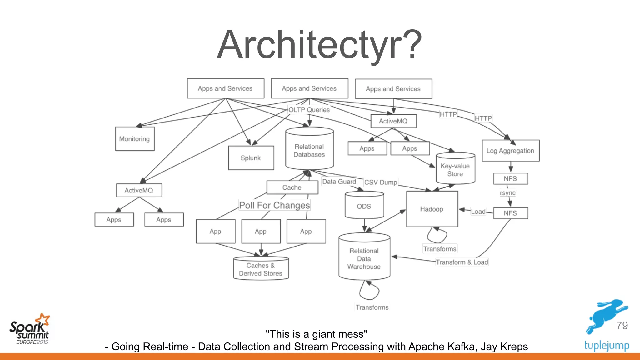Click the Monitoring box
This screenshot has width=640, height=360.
135,139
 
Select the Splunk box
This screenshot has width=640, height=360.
251,158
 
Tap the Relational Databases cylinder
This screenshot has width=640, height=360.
309,150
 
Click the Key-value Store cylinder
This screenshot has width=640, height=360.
455,170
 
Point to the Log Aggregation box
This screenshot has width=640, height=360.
510,151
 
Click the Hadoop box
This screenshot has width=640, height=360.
432,209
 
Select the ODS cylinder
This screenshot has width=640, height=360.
364,206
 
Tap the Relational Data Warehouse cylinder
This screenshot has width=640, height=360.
364,259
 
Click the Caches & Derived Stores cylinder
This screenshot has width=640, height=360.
261,269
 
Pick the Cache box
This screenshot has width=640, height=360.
292,187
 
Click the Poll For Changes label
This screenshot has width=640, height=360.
274,205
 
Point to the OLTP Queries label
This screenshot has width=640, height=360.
309,110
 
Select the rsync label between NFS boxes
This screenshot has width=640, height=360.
507,193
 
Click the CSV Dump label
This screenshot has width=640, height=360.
381,182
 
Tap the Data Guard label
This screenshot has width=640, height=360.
339,182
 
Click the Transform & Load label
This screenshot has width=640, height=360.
462,262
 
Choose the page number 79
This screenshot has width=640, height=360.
622,326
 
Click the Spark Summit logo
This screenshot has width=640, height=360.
29,330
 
